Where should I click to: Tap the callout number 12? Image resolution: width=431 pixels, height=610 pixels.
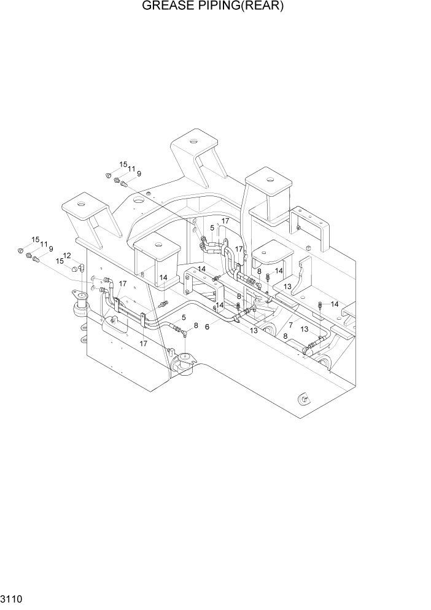[66, 256]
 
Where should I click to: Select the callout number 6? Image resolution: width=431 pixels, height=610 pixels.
[207, 327]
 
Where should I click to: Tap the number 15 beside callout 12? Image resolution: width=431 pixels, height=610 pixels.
[59, 261]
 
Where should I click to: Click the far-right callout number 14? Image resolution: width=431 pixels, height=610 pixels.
[335, 304]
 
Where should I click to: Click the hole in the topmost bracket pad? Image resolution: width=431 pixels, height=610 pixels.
[194, 143]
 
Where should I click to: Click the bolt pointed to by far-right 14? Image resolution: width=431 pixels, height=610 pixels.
[320, 304]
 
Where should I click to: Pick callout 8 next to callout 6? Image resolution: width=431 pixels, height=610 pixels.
[195, 325]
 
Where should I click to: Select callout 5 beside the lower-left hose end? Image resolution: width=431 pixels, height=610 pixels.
[184, 317]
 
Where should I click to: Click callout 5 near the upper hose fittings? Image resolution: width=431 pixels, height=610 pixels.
[212, 227]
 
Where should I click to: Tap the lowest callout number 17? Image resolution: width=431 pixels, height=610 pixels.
[143, 343]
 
